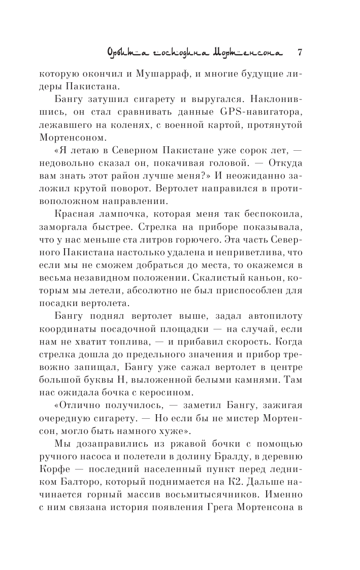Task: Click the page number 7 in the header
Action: pyautogui.click(x=300, y=52)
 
